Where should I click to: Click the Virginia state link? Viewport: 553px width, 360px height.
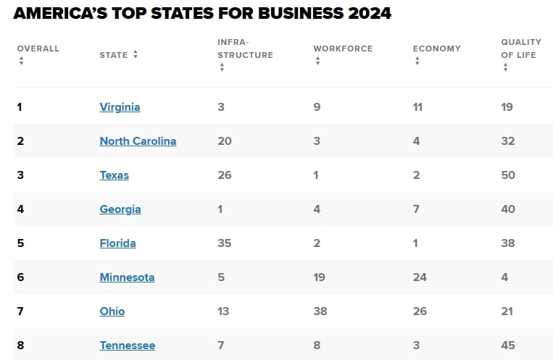pos(120,107)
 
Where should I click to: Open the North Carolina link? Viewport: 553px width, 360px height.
pos(138,141)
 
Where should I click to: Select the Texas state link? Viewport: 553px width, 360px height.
pos(114,175)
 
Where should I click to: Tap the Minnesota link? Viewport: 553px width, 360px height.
pos(127,277)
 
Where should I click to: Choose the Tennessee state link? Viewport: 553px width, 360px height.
pos(127,346)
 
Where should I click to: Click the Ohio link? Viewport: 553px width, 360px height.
pos(112,311)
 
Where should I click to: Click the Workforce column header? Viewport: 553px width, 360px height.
pos(342,49)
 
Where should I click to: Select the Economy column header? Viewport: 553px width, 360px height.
pos(436,49)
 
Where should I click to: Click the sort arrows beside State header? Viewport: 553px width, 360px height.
pos(136,54)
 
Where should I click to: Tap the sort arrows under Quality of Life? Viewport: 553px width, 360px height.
pos(505,67)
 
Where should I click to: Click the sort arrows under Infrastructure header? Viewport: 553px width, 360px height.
pos(222,67)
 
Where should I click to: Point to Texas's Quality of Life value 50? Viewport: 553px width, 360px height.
pos(508,175)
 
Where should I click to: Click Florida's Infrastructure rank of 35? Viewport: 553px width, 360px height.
pos(225,243)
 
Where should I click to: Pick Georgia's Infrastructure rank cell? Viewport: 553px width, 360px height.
pos(220,209)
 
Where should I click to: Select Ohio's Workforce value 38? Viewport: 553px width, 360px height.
pos(320,311)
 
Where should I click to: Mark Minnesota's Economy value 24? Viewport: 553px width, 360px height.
pos(420,277)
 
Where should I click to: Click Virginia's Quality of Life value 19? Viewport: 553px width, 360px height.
pos(507,107)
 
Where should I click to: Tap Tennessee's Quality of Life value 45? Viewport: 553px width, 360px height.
pos(508,346)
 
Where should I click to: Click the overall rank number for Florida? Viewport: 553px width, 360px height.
pos(20,243)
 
